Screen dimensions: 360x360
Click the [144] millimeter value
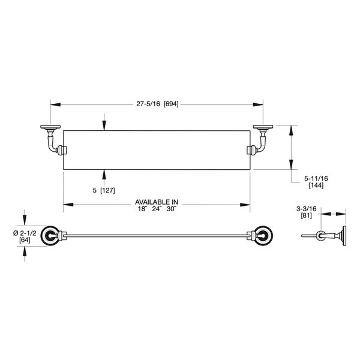coord(316,186)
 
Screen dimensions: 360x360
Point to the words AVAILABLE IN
coord(158,202)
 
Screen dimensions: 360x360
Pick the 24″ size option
coord(158,209)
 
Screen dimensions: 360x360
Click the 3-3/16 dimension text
coord(306,209)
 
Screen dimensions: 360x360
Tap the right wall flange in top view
coord(262,127)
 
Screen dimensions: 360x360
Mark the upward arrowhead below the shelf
coord(104,173)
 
